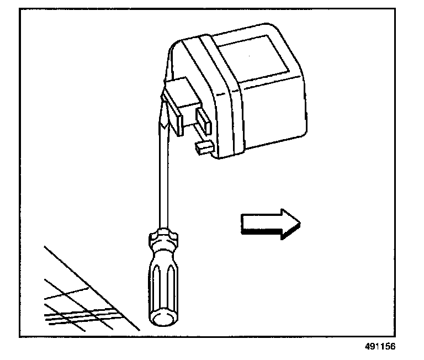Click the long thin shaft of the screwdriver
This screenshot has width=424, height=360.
[x=162, y=177]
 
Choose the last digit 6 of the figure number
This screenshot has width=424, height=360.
[x=394, y=348]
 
